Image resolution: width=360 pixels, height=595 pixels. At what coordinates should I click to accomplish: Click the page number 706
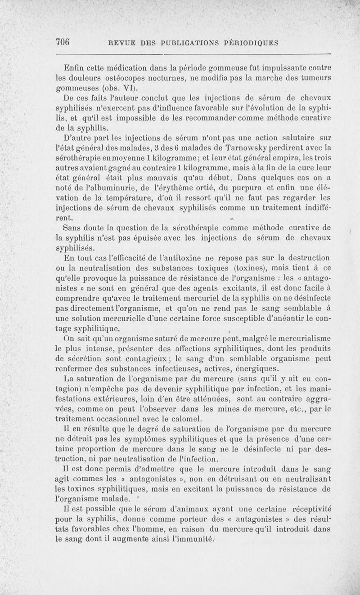pyautogui.click(x=64, y=42)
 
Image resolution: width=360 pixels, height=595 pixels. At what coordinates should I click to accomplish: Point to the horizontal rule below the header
pyautogui.click(x=193, y=55)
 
